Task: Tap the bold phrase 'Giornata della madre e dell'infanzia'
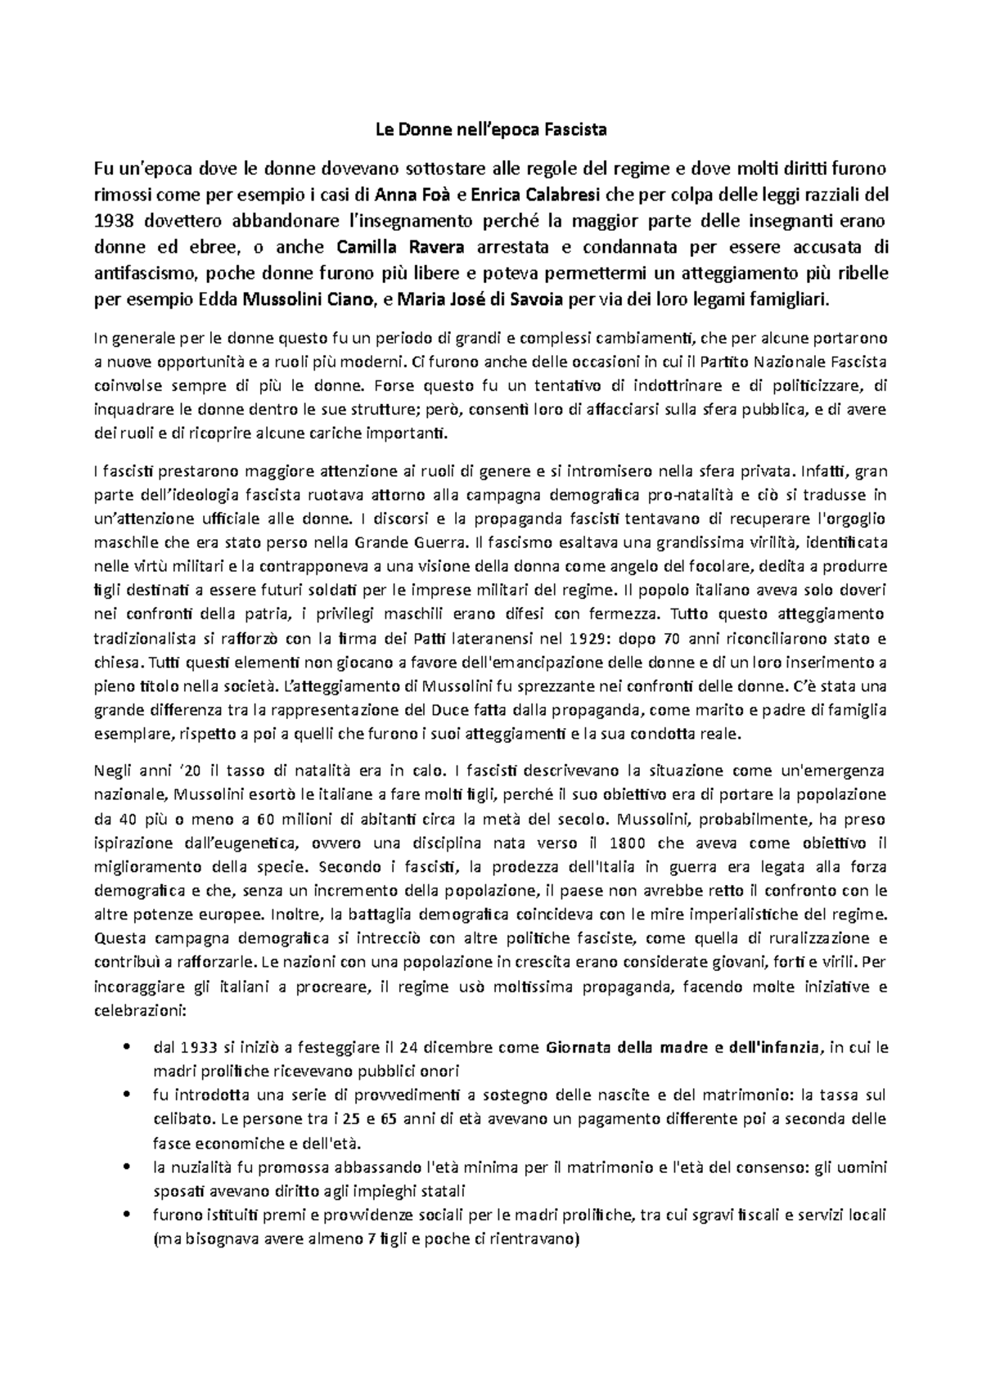click(682, 1046)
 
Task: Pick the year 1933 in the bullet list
click(196, 1046)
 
